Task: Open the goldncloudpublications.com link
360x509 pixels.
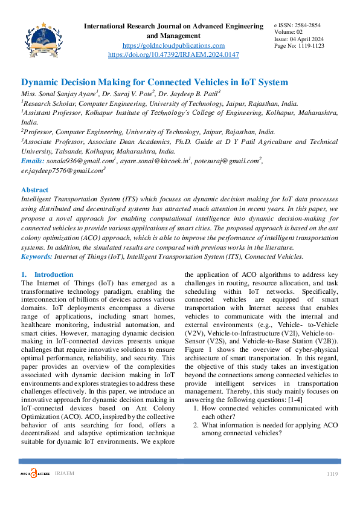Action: coord(173,45)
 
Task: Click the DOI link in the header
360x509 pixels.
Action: coord(173,54)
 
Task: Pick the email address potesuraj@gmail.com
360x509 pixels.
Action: coord(230,161)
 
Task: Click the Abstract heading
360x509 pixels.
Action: coord(35,190)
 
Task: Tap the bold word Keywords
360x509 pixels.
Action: coord(36,256)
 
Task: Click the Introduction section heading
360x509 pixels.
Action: coord(54,274)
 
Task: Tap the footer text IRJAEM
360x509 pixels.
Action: coord(64,473)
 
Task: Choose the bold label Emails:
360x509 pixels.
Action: coord(33,161)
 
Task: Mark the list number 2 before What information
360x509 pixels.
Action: coord(196,425)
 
